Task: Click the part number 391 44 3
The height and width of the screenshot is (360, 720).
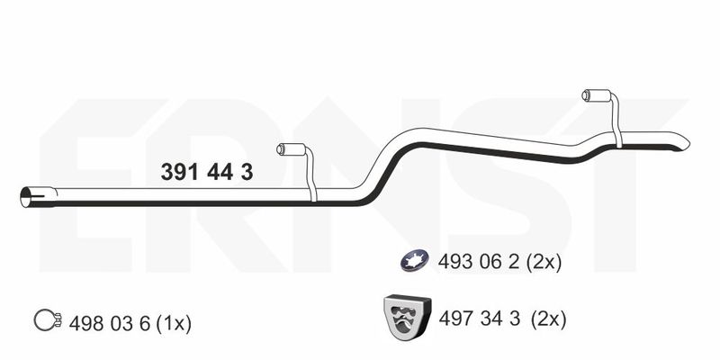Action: click(207, 173)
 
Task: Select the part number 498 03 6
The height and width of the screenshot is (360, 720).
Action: click(110, 324)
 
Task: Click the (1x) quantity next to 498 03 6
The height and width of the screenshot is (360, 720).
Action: click(174, 324)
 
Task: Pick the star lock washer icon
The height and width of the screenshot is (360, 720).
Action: click(415, 260)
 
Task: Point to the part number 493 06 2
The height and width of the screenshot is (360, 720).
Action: click(479, 263)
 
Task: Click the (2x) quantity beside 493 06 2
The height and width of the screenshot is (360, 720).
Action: click(544, 263)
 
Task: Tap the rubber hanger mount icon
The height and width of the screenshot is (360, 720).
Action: click(407, 317)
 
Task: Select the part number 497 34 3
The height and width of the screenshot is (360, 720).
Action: click(480, 319)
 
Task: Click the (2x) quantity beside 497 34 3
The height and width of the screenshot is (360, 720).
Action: click(548, 319)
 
